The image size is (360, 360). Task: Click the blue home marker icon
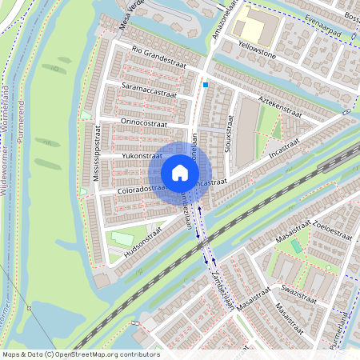pyautogui.click(x=180, y=173)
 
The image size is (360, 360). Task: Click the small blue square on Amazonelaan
pyautogui.click(x=206, y=84)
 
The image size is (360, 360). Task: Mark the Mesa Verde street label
pyautogui.click(x=130, y=13)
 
